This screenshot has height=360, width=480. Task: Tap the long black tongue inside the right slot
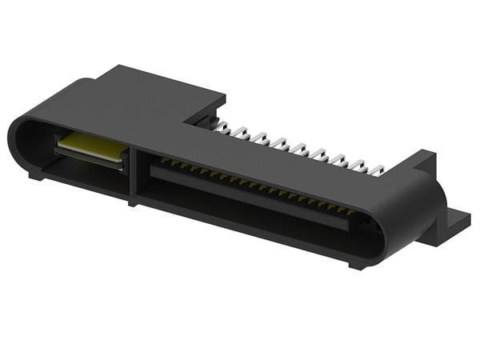248,200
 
